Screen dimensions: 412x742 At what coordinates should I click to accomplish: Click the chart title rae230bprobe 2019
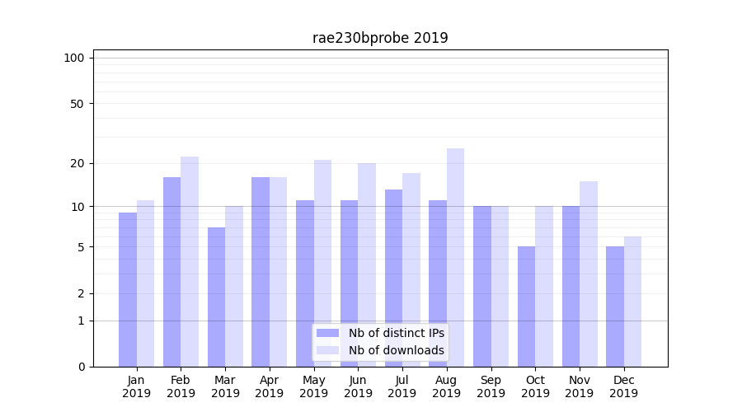click(380, 38)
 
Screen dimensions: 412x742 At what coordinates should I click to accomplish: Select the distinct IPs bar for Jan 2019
click(128, 288)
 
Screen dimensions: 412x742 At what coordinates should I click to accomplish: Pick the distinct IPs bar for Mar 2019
click(216, 297)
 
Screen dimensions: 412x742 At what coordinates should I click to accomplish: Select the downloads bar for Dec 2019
click(632, 302)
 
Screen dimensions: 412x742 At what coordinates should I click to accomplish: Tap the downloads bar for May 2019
click(322, 263)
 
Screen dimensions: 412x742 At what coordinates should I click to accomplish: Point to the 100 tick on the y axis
click(74, 58)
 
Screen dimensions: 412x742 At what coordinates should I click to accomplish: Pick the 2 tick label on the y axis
click(81, 293)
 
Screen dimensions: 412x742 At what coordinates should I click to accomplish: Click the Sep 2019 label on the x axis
click(491, 386)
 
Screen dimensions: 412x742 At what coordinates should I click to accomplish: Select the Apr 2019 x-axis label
click(270, 386)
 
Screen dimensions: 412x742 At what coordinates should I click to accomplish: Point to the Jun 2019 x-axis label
click(358, 386)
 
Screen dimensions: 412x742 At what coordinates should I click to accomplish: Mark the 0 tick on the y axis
click(81, 367)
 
